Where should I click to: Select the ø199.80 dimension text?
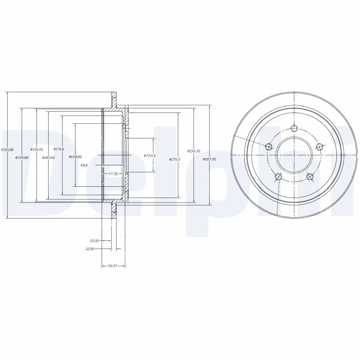22,157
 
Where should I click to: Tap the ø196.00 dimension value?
36,149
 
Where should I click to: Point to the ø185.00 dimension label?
48,157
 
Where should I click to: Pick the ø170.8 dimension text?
59,149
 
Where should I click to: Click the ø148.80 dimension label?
75,157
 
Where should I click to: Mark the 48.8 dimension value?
84,165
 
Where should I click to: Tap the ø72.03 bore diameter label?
149,155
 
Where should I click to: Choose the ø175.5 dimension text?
175,159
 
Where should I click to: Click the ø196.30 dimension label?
194,151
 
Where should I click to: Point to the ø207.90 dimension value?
210,159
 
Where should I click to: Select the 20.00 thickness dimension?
94,241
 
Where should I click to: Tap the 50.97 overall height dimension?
113,266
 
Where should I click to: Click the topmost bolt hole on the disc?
294,129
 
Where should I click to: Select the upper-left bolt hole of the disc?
269,147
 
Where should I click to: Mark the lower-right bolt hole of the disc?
309,176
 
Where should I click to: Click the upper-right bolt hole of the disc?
319,146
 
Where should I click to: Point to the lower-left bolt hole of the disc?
279,176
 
